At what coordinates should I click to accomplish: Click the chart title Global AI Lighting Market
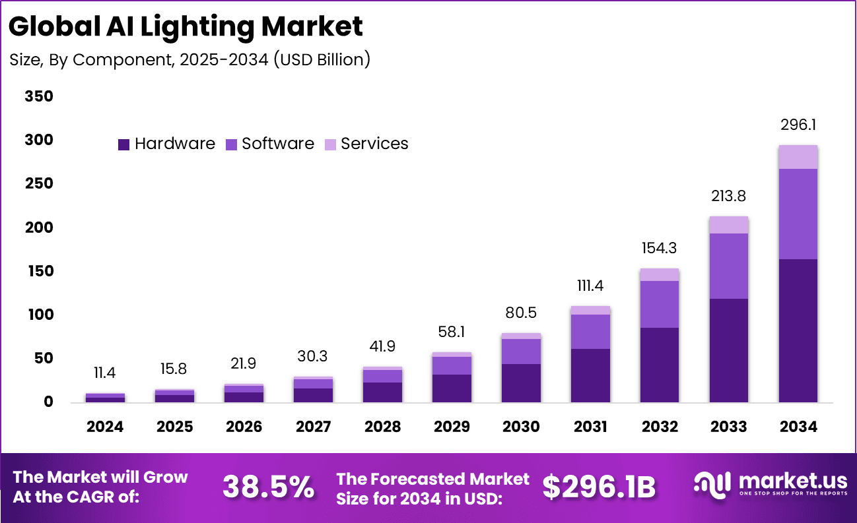pyautogui.click(x=187, y=27)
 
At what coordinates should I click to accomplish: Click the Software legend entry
pyautogui.click(x=270, y=144)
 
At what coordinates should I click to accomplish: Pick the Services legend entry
pyautogui.click(x=366, y=144)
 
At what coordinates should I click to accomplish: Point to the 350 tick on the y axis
pyautogui.click(x=39, y=97)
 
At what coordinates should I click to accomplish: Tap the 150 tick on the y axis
pyautogui.click(x=39, y=272)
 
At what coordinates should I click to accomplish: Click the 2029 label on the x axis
pyautogui.click(x=452, y=427)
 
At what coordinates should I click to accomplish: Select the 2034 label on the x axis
pyautogui.click(x=798, y=427)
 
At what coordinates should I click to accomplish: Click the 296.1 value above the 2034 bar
pyautogui.click(x=798, y=125)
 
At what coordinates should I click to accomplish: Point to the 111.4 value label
pyautogui.click(x=590, y=286)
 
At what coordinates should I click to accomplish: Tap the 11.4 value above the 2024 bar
pyautogui.click(x=105, y=373)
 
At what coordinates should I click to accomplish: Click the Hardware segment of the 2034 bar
pyautogui.click(x=798, y=330)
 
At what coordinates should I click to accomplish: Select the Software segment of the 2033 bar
pyautogui.click(x=729, y=266)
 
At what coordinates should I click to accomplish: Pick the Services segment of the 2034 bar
pyautogui.click(x=798, y=157)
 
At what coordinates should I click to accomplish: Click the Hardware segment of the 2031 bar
pyautogui.click(x=590, y=375)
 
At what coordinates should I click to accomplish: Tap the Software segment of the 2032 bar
pyautogui.click(x=660, y=304)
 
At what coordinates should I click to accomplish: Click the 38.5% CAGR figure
pyautogui.click(x=268, y=487)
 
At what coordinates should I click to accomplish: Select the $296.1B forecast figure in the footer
pyautogui.click(x=599, y=487)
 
